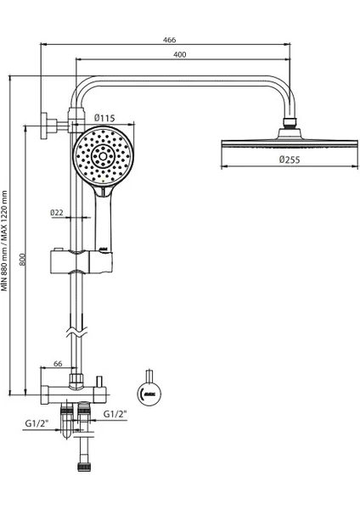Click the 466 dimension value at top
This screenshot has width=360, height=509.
click(x=169, y=40)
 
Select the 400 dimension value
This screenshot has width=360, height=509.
click(x=180, y=54)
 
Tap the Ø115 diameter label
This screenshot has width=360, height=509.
click(x=104, y=118)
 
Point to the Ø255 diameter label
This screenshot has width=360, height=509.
click(x=290, y=159)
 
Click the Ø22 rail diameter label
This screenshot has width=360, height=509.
click(x=57, y=213)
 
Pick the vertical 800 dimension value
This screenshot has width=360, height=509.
click(x=22, y=259)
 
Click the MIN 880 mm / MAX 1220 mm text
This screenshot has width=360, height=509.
click(x=4, y=241)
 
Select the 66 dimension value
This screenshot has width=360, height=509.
click(x=58, y=364)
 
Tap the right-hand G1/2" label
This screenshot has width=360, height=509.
click(x=115, y=414)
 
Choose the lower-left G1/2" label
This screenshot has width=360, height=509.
click(x=37, y=423)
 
